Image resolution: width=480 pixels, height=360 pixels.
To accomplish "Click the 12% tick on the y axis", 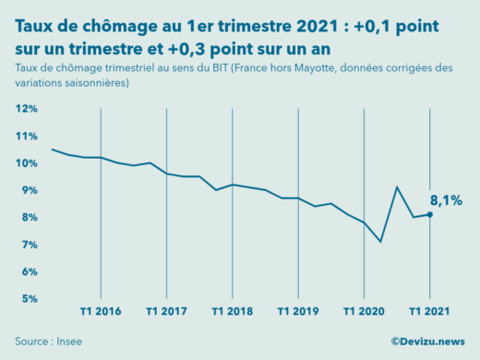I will tap(26, 109).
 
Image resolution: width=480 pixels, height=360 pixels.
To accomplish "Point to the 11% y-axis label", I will tap(26, 136).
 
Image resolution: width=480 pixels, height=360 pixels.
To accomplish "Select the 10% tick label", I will tap(26, 163).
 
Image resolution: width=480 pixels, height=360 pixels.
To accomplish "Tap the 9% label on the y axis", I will tap(28, 190).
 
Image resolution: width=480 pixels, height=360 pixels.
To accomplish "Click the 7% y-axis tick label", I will tap(28, 245).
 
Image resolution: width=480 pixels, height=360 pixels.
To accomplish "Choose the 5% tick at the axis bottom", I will tap(28, 299).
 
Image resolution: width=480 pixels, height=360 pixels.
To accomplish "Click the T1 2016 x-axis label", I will tap(101, 311).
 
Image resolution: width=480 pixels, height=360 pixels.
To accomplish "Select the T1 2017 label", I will tap(166, 311).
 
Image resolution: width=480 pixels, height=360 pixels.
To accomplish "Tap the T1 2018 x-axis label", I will tap(233, 311).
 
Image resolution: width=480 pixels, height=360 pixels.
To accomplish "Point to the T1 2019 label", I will tap(298, 311).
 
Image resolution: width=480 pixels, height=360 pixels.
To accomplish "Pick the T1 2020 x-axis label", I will tap(364, 311).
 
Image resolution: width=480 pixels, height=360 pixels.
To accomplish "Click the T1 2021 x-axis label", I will tap(429, 311).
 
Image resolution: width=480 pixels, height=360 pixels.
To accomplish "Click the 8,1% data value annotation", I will tap(446, 199).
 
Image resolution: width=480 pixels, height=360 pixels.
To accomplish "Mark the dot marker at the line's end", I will tap(429, 214).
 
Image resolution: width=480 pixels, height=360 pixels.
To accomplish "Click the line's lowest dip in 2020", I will tap(380, 242).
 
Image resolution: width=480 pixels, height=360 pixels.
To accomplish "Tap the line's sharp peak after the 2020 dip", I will tap(397, 187).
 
